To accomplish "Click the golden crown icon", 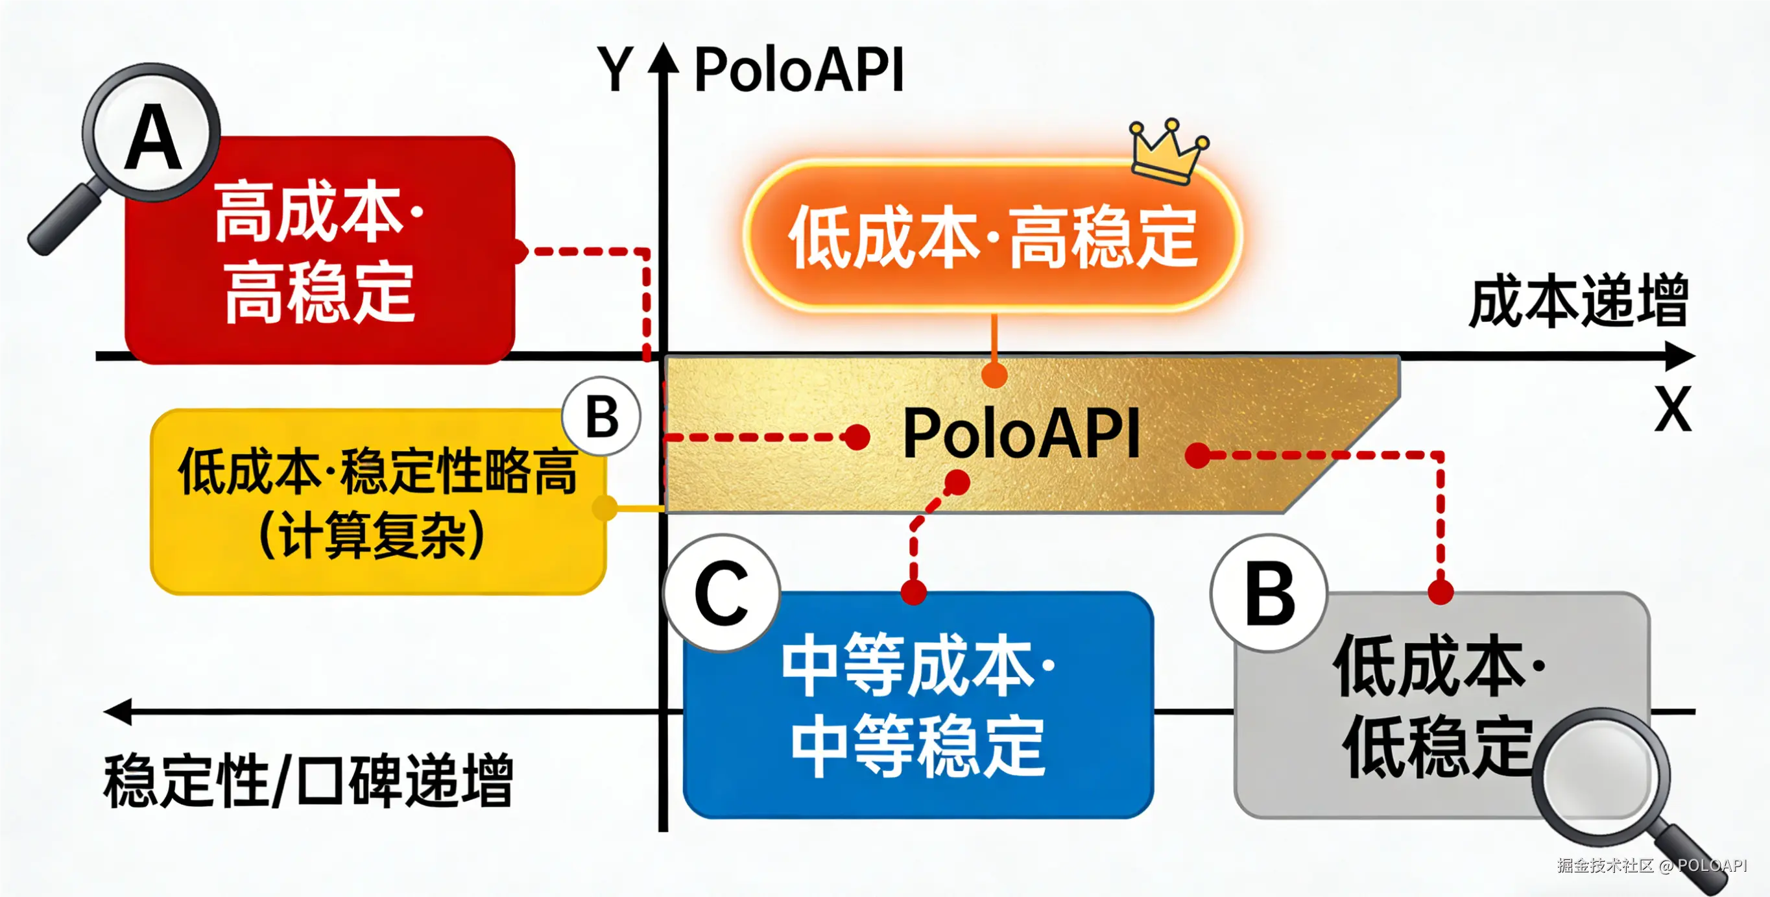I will tap(1169, 153).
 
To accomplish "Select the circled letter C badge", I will tap(721, 593).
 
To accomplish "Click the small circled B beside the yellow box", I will tap(602, 417).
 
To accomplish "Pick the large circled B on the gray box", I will tap(1269, 593).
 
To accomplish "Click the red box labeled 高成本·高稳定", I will tap(320, 251).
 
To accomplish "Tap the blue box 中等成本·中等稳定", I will tap(917, 704).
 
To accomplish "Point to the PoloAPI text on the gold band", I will tap(1020, 433).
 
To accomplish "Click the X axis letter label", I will tap(1672, 409).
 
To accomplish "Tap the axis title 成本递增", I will tap(1577, 301).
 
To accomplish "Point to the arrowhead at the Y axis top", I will tap(663, 58).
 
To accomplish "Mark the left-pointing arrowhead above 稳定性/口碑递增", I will tap(119, 711).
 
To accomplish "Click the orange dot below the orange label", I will tap(994, 375).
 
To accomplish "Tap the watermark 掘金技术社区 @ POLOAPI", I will tap(1651, 865).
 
